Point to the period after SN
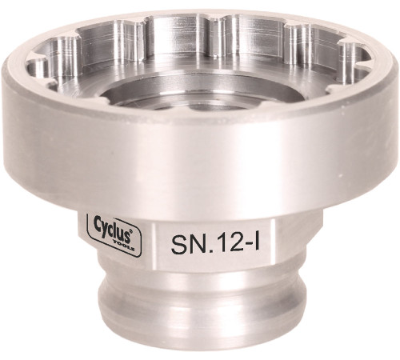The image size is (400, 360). pos(203,250)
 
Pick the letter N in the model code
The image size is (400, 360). pos(193,242)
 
